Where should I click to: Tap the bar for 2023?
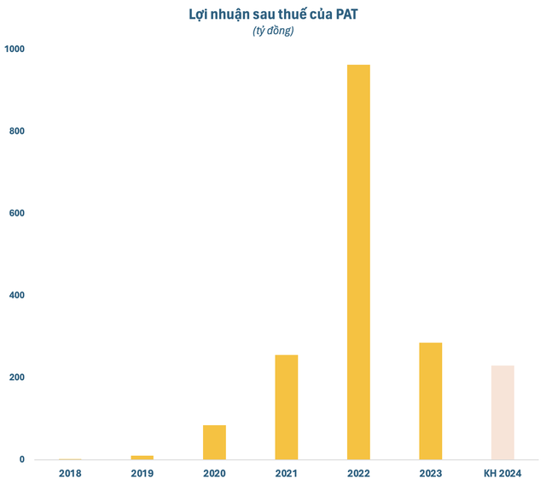(430, 400)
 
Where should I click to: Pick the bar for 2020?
(214, 441)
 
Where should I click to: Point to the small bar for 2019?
(142, 458)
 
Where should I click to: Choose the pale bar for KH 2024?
(502, 412)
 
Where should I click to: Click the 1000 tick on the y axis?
(15, 49)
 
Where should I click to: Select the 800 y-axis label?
(16, 131)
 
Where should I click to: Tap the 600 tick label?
(16, 213)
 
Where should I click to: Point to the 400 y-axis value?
(16, 296)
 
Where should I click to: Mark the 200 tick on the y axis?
(16, 377)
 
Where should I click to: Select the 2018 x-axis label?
(71, 473)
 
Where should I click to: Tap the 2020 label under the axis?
(214, 473)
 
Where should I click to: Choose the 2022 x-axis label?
(358, 473)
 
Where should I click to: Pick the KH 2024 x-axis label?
(502, 473)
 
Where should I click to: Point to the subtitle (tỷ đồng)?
(273, 32)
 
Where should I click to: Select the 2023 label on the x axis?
(430, 473)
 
